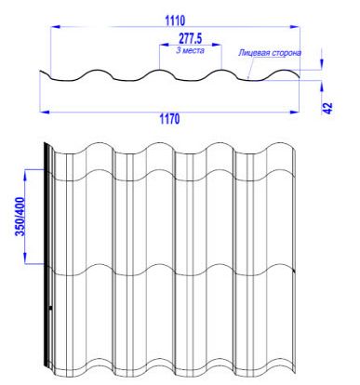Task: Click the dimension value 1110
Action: pos(175,20)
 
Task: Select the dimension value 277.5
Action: pos(190,39)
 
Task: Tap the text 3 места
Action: pos(190,50)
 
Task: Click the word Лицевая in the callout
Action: pos(254,53)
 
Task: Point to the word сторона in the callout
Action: pos(287,53)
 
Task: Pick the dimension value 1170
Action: pos(169,119)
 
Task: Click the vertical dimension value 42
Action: pos(327,108)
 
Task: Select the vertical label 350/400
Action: pos(20,217)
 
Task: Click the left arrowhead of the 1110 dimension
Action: pos(55,27)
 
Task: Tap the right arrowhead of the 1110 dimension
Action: pos(295,27)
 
